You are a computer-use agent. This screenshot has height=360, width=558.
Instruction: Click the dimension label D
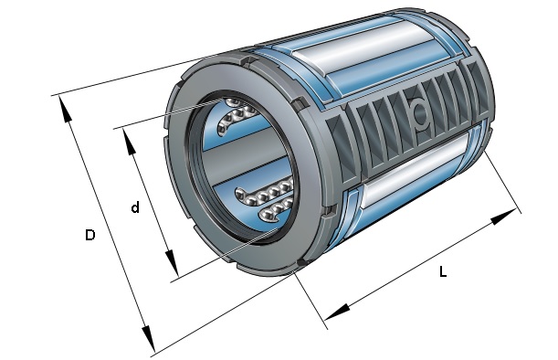coord(90,235)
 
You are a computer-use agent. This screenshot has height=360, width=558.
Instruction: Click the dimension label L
coord(443,272)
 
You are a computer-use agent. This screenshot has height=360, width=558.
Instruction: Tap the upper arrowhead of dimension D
coord(66,110)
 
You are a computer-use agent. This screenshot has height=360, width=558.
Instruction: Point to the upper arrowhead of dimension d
coord(130,142)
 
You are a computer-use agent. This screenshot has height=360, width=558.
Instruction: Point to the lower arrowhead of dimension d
coord(172,263)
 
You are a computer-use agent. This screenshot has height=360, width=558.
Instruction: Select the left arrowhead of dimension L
coord(336,312)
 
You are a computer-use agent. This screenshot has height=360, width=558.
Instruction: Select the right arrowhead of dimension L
coord(503,217)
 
